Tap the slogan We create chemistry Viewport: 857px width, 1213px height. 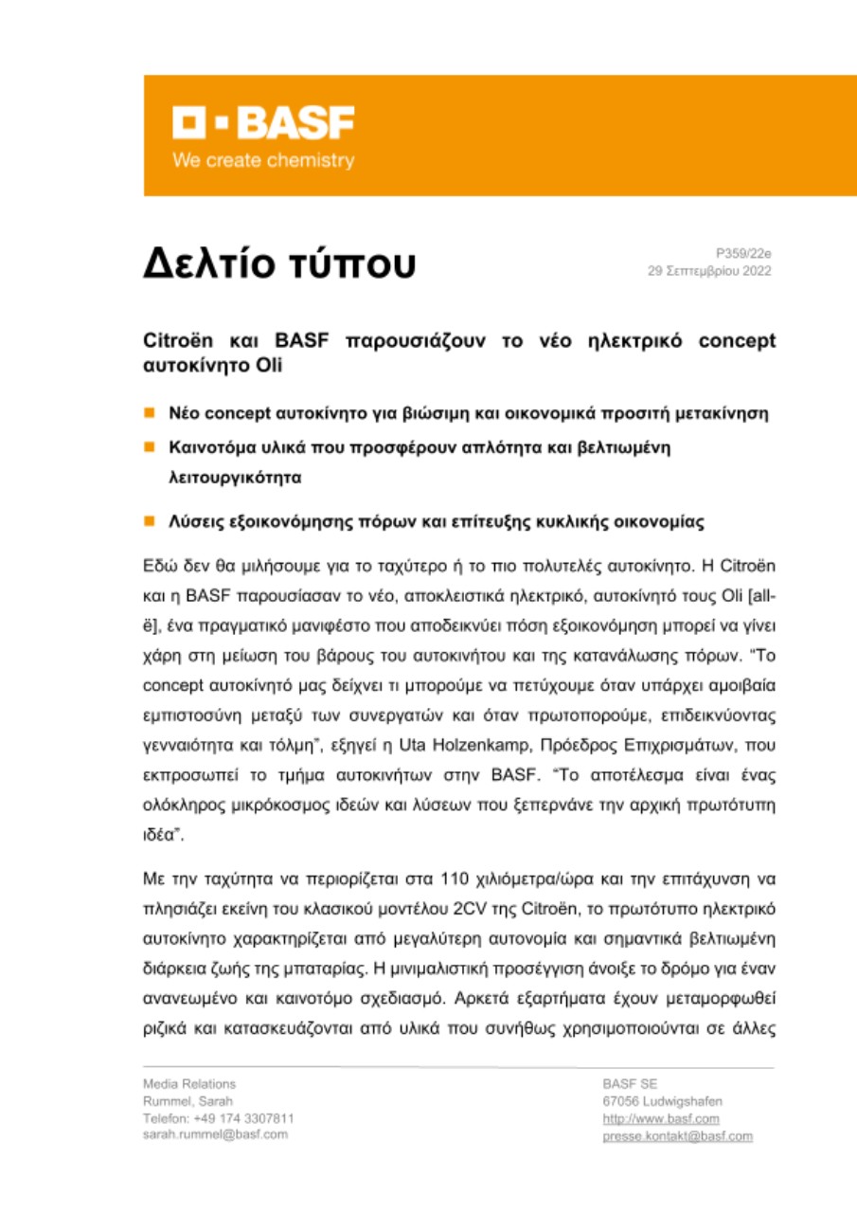tap(262, 160)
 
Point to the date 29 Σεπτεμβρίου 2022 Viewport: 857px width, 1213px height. tap(709, 271)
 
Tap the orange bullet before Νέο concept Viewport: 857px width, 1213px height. tap(149, 413)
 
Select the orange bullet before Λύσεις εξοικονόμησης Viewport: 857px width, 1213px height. tap(149, 520)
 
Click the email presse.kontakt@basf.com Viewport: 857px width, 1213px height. tap(677, 1135)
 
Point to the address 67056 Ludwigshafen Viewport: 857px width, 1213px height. tap(662, 1100)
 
